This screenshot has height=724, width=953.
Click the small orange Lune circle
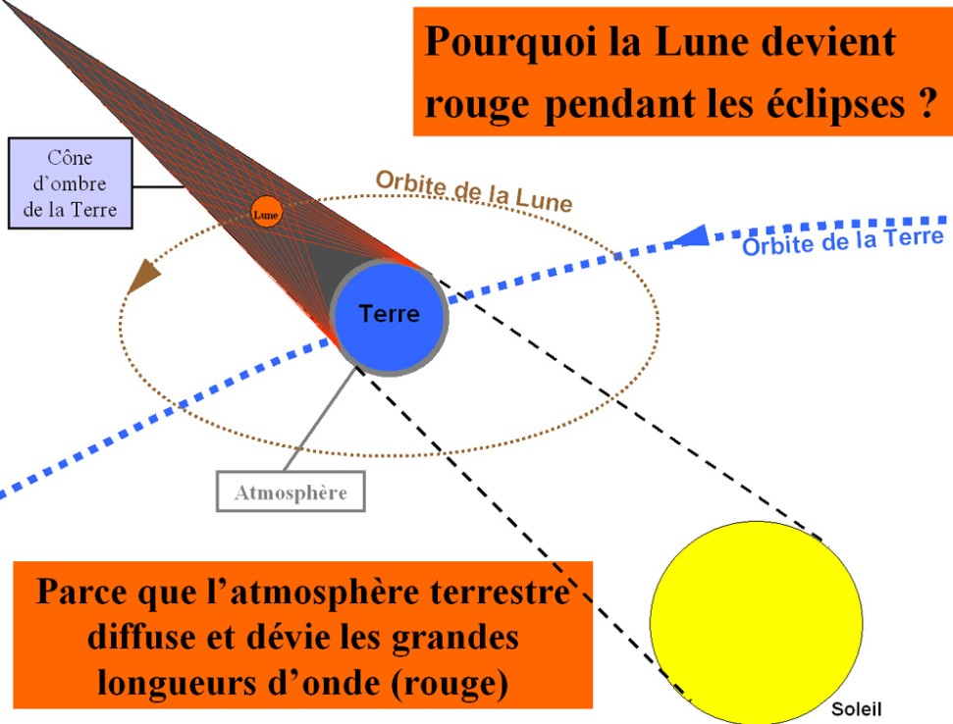266,212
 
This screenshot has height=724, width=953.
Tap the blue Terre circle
389,317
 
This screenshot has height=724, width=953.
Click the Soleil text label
856,709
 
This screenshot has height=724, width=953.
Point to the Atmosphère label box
291,491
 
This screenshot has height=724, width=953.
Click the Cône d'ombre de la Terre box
70,183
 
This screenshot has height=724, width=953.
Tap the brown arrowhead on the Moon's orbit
143,277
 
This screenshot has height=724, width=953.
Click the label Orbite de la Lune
474,191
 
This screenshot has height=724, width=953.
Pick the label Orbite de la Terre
843,241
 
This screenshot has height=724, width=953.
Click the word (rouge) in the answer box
449,684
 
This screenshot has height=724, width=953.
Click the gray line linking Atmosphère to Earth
320,419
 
